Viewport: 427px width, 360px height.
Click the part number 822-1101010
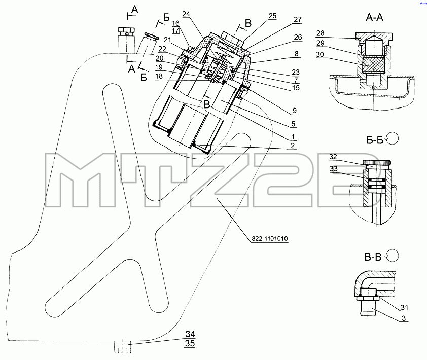pyautogui.click(x=269, y=238)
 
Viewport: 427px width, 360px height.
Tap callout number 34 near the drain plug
pyautogui.click(x=190, y=334)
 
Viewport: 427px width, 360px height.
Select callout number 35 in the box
pyautogui.click(x=190, y=343)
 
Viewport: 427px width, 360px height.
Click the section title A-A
pyautogui.click(x=374, y=18)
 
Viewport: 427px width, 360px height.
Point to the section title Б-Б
pyautogui.click(x=375, y=140)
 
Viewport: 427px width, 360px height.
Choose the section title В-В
pyautogui.click(x=373, y=257)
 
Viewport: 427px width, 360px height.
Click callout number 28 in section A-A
pyautogui.click(x=321, y=33)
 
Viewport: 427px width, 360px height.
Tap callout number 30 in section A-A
pyautogui.click(x=320, y=54)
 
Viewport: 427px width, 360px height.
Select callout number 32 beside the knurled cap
pyautogui.click(x=333, y=157)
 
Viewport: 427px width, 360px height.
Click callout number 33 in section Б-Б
pyautogui.click(x=334, y=169)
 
